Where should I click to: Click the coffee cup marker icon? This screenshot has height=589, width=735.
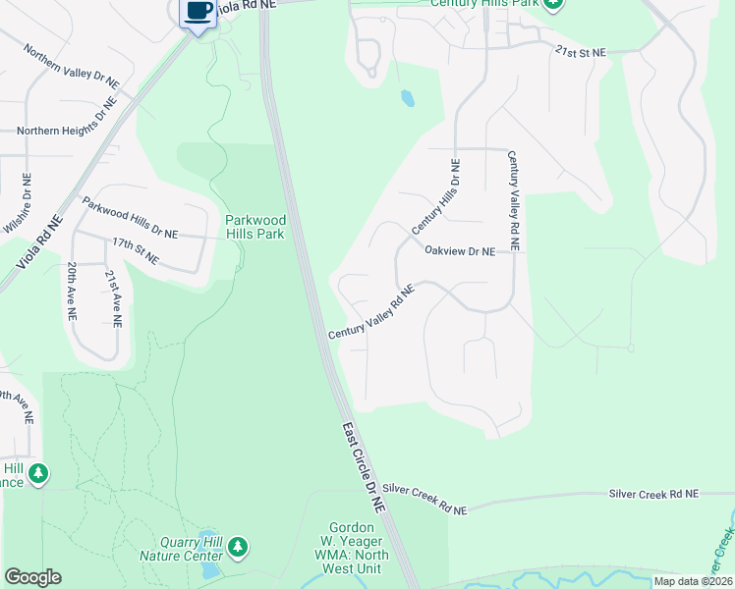click(198, 13)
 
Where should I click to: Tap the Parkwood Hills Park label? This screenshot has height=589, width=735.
click(254, 227)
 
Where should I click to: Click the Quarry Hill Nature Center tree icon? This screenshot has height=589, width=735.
click(237, 546)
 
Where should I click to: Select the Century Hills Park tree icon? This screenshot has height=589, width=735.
click(553, 4)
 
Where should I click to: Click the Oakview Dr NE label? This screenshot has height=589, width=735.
click(459, 251)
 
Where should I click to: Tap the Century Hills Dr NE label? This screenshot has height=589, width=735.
click(435, 196)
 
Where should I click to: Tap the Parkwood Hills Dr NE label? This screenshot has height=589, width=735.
click(130, 218)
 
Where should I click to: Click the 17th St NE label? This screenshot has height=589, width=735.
click(135, 250)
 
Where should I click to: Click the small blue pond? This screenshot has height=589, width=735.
click(407, 98)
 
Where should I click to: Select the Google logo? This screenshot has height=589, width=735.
click(32, 577)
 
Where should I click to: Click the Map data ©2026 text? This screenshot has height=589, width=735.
click(692, 581)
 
